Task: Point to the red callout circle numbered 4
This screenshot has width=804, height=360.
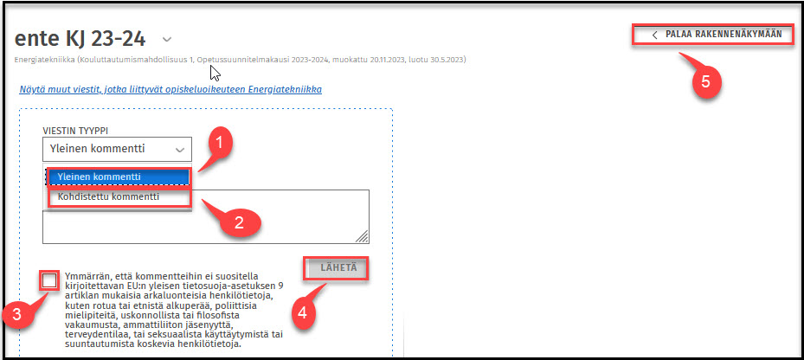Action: click(303, 312)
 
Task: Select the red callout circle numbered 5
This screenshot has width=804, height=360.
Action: click(706, 82)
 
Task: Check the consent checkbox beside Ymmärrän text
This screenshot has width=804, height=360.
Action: click(49, 280)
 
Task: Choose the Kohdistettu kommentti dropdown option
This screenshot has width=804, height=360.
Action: click(108, 196)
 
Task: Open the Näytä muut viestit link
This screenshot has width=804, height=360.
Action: click(170, 90)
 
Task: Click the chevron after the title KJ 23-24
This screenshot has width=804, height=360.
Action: click(167, 39)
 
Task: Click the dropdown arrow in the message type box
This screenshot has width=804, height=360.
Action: click(179, 150)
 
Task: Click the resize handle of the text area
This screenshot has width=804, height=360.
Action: click(362, 236)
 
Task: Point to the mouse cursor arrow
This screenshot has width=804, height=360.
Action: click(215, 73)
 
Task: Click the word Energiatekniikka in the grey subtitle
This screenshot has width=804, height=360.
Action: click(38, 60)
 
